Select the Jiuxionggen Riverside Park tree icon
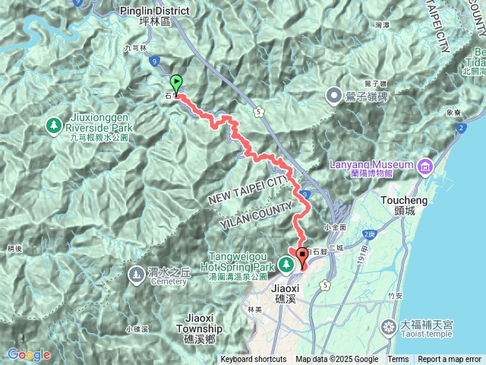[x=54, y=124]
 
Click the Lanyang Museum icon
[x=424, y=165]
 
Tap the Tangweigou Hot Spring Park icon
[x=287, y=264]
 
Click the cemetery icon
[x=135, y=273]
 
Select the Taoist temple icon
[x=389, y=326]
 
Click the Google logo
[x=29, y=354]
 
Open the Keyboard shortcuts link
[x=254, y=360]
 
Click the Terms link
[x=398, y=360]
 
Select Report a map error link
[x=450, y=360]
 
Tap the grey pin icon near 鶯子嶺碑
[x=333, y=95]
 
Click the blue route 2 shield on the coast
[x=462, y=128]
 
